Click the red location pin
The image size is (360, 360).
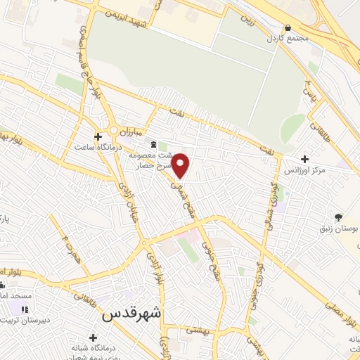181,165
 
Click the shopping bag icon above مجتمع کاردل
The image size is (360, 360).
288,27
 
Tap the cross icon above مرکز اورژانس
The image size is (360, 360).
304,160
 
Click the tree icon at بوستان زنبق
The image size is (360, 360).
340,217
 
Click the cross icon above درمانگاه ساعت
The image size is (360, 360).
98,136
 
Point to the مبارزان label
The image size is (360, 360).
131,131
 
